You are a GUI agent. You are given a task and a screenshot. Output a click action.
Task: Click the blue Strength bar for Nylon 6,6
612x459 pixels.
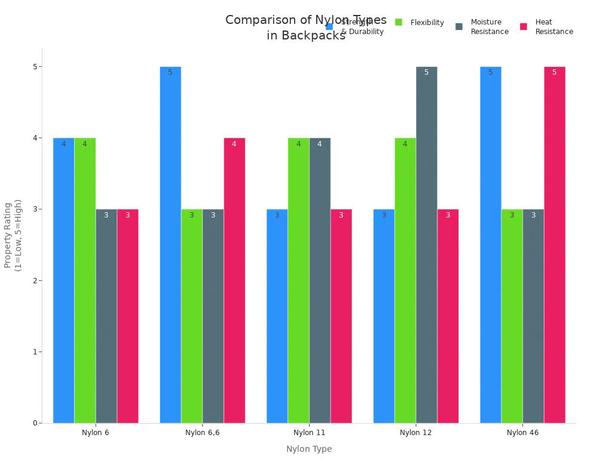click(170, 245)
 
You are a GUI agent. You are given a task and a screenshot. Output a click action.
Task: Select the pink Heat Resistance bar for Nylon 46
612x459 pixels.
click(555, 245)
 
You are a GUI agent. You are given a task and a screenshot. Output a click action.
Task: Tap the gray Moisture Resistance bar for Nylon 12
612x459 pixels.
click(426, 245)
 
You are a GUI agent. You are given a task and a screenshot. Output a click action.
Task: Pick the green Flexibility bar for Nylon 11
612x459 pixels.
click(298, 281)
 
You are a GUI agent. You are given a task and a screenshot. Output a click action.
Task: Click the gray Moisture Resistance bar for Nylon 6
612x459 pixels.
click(106, 316)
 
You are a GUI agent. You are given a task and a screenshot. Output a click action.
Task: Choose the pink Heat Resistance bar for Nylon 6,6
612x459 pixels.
click(234, 281)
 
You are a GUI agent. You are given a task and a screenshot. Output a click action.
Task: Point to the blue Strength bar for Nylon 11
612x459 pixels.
click(277, 316)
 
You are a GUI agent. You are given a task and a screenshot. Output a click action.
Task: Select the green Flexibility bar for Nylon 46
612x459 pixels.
click(512, 316)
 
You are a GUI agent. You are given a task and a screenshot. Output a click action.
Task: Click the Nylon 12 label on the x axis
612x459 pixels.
click(416, 433)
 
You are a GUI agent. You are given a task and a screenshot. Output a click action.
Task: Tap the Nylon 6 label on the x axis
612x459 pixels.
click(96, 433)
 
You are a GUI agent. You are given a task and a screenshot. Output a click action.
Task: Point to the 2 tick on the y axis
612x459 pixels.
click(35, 280)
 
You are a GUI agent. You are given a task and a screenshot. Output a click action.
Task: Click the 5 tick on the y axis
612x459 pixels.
click(35, 66)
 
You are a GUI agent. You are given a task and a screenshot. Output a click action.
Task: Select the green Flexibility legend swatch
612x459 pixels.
click(399, 22)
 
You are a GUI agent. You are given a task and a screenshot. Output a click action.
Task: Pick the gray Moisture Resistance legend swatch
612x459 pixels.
click(459, 26)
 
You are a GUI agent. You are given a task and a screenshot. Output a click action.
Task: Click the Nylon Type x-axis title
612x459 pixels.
click(309, 449)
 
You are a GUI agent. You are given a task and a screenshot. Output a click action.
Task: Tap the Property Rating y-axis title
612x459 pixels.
click(13, 235)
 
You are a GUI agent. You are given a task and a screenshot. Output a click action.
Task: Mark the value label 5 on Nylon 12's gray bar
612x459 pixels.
click(426, 72)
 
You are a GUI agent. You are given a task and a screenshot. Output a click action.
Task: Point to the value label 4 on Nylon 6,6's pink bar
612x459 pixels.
click(234, 144)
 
